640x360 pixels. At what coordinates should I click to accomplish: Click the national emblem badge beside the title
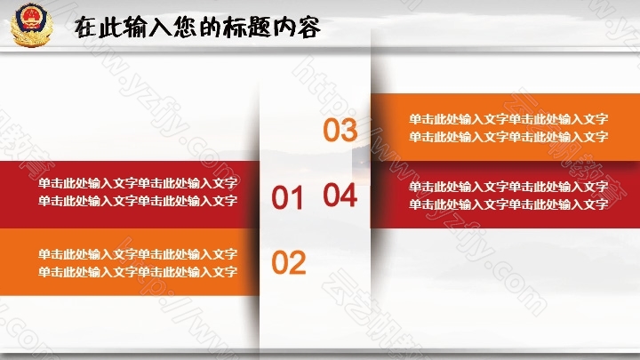pos(31,25)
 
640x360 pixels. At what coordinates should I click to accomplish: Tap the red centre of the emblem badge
pos(30,19)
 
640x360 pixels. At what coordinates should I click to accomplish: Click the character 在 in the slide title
pos(86,28)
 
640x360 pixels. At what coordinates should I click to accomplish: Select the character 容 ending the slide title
pos(308,28)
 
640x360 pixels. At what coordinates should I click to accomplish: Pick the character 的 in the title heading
pos(211,28)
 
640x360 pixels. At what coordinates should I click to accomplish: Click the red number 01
pos(287,198)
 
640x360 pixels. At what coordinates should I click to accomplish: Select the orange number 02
pos(289,262)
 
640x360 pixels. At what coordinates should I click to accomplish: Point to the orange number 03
pos(340,130)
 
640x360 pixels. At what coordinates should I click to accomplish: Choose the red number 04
pos(340,195)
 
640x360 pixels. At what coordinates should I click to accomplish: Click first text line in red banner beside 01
pos(138,183)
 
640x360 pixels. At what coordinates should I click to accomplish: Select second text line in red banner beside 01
pos(138,201)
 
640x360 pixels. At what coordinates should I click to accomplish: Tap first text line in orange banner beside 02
pos(138,254)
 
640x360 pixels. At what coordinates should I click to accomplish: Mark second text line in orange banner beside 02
pos(138,272)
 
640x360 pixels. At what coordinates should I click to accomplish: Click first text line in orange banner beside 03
pos(508,119)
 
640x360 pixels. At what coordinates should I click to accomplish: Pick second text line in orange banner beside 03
pos(508,137)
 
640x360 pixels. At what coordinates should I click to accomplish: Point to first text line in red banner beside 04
pos(508,187)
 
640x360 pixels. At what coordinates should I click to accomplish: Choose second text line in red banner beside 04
pos(508,204)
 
